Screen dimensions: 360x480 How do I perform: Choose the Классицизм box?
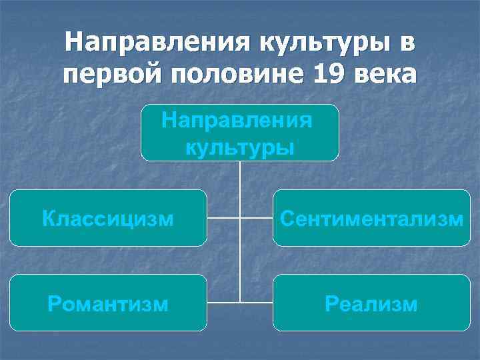[107, 218]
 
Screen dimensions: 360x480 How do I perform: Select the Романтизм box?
[107, 303]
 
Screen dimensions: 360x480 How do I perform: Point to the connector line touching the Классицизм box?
[223, 218]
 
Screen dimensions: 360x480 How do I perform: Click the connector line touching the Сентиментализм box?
[257, 218]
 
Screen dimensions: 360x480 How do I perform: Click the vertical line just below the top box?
[240, 177]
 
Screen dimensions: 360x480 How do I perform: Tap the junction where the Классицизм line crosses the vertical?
[240, 218]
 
